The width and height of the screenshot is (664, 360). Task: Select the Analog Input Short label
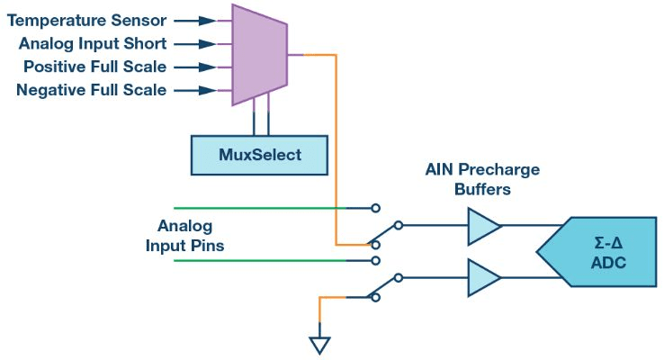coord(91,42)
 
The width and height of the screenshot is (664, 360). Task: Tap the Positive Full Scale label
coord(94,67)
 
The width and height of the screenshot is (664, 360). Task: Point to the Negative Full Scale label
coord(92,90)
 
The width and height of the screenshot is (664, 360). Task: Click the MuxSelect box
coord(259,155)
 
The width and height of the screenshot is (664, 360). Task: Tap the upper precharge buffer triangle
coord(482,226)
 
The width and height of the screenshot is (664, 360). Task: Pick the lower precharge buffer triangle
coord(482,277)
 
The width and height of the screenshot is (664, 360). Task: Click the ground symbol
coord(319,345)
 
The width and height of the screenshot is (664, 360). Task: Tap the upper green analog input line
coord(270,208)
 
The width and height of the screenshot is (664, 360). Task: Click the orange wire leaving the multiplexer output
coord(336,135)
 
